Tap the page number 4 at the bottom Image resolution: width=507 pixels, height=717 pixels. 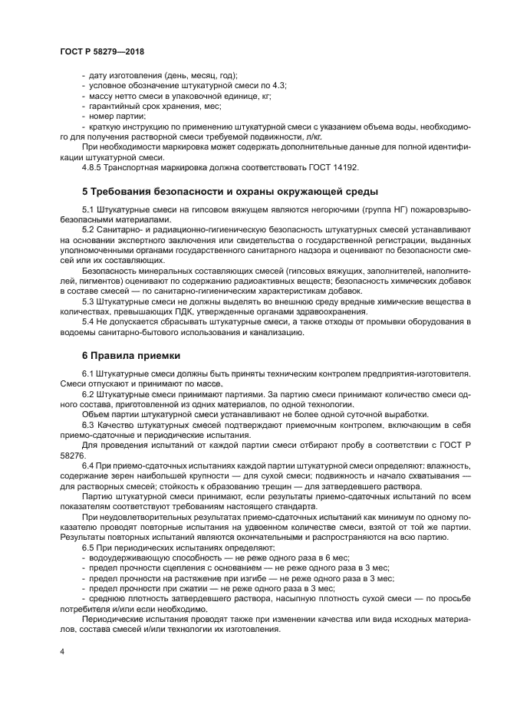coord(61,652)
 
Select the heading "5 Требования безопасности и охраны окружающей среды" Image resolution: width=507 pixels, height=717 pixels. coord(229,191)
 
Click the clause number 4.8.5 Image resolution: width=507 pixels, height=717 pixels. coord(94,166)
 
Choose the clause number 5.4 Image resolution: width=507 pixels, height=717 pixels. coord(88,321)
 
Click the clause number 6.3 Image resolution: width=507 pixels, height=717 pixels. coord(88,424)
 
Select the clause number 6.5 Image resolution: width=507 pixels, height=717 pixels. coord(88,548)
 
